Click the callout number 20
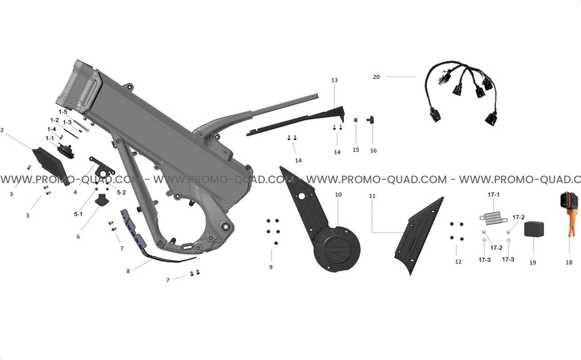[x=376, y=77]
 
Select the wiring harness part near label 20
[x=462, y=94]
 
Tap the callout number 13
[x=334, y=80]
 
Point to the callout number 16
[x=373, y=151]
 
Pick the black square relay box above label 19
[x=534, y=229]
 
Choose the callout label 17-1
[x=493, y=195]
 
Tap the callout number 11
[x=372, y=196]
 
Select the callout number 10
[x=338, y=195]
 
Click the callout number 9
[x=271, y=267]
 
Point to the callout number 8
[x=128, y=271]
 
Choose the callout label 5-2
[x=121, y=192]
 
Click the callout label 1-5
[x=63, y=112]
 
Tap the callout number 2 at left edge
[x=2, y=130]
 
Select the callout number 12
[x=458, y=261]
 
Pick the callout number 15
[x=356, y=150]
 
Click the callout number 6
[x=78, y=237]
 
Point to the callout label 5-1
[x=78, y=214]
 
